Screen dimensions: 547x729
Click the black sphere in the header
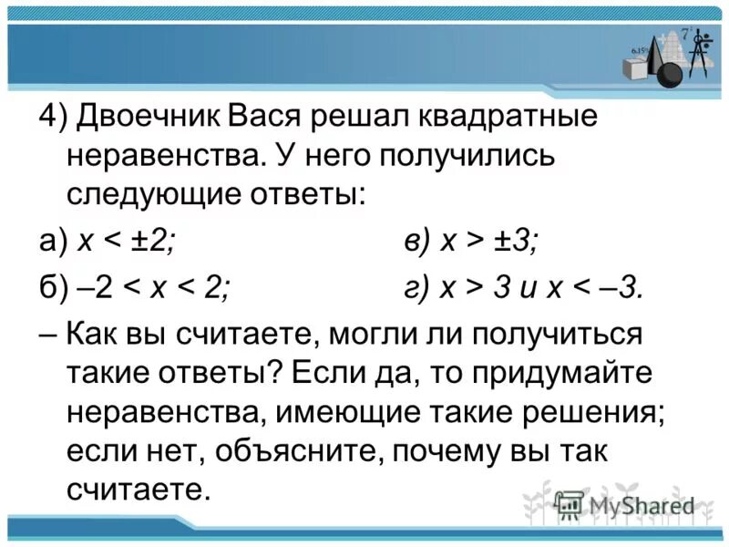(672, 72)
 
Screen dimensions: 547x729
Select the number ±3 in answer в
(518, 243)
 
